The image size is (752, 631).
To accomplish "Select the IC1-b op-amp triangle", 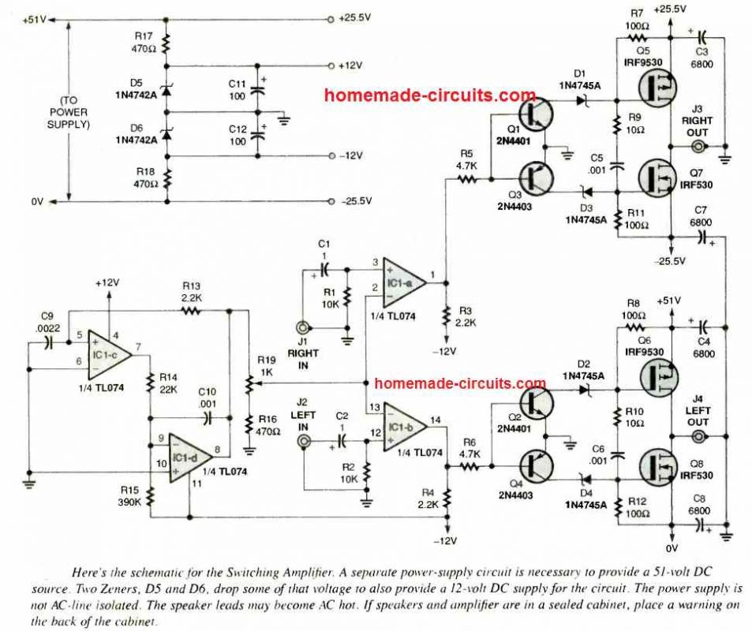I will tap(402, 429).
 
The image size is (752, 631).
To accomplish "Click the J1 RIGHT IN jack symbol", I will tap(301, 328).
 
